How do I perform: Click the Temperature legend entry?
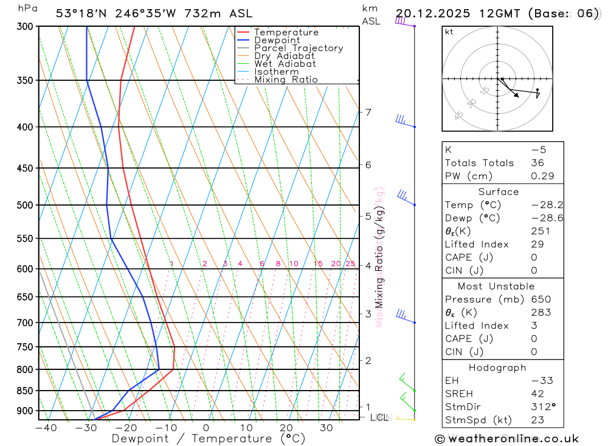(x=286, y=32)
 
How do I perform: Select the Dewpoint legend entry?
(x=277, y=40)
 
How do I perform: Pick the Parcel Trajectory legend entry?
(x=299, y=48)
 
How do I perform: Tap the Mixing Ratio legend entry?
(x=286, y=80)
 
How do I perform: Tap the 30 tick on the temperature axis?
(x=326, y=428)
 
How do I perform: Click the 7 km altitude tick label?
(x=368, y=112)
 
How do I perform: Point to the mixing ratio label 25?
(x=350, y=263)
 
